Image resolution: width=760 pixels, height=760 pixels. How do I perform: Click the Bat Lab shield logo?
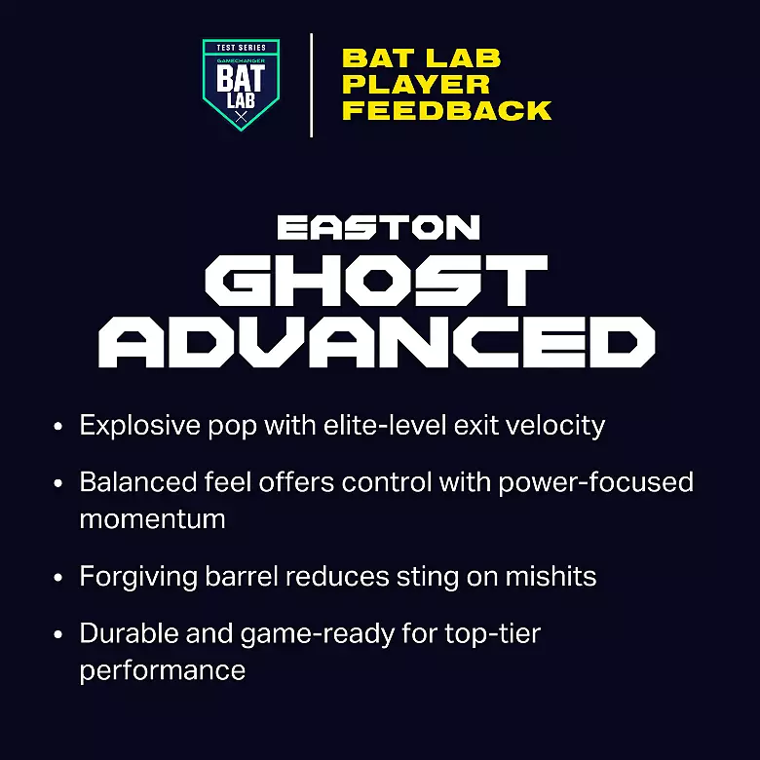[241, 85]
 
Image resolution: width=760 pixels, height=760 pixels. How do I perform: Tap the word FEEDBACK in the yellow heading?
[446, 111]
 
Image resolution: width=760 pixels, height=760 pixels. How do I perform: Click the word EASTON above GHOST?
[379, 228]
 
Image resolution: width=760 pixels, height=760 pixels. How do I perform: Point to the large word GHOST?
[379, 284]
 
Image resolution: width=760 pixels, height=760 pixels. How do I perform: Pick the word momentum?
[152, 519]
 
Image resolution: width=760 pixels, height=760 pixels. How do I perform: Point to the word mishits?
[551, 576]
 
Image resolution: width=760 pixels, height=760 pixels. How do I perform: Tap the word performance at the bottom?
[162, 670]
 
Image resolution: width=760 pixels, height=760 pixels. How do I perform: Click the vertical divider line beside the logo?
[311, 85]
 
